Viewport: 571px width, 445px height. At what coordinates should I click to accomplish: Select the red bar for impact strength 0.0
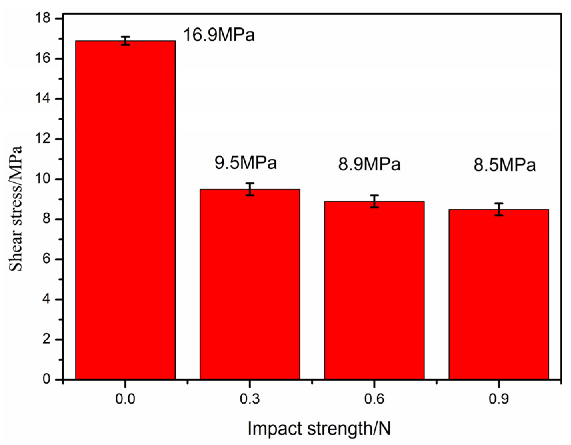point(125,210)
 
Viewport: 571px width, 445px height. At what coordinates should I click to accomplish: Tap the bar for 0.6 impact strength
point(374,290)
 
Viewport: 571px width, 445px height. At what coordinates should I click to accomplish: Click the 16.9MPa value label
point(219,35)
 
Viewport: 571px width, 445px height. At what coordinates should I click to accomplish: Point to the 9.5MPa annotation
point(245,163)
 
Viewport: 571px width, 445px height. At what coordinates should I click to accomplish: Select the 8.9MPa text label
point(369,164)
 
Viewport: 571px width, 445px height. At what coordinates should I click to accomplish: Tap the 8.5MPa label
point(504,165)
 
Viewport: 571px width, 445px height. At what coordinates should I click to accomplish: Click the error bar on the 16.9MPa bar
point(125,41)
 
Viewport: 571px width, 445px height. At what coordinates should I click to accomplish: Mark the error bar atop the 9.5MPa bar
point(250,189)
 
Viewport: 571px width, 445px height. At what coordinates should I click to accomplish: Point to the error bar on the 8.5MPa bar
point(498,209)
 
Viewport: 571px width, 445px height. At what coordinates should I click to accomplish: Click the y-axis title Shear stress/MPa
point(16,208)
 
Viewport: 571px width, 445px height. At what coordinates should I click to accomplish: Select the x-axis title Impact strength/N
point(319,428)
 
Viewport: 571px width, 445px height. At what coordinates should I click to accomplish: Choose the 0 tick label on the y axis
point(47,379)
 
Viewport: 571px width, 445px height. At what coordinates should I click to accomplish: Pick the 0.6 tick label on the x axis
point(374,399)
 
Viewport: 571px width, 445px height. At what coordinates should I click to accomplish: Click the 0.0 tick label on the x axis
point(125,399)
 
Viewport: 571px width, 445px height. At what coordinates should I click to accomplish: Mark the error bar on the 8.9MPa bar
point(374,201)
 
